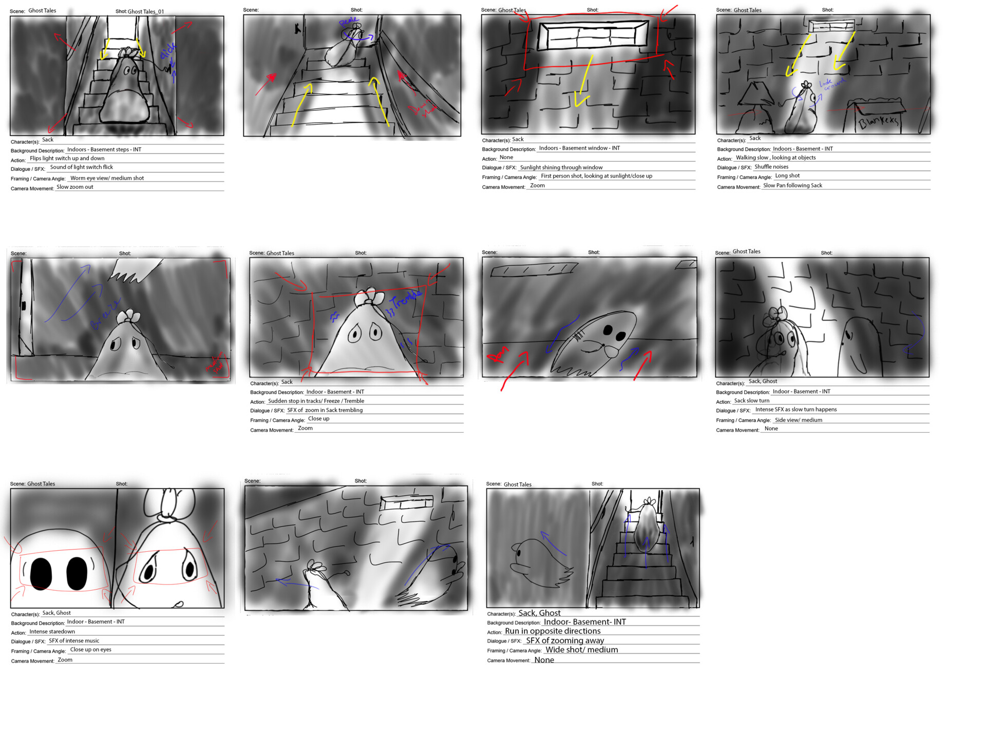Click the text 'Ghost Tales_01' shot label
tap(146, 11)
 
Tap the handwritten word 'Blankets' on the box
tap(879, 122)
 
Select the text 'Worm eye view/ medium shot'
tap(107, 178)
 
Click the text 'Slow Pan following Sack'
tap(792, 185)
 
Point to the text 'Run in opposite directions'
tap(552, 631)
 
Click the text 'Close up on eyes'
tap(90, 650)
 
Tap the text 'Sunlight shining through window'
tap(561, 167)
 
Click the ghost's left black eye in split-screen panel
tap(41, 573)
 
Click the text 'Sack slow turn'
tap(751, 401)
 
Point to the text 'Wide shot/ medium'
tap(581, 650)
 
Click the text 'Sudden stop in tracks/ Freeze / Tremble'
tap(316, 401)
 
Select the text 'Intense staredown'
tap(52, 632)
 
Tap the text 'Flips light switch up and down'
tap(67, 159)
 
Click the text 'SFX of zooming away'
tap(564, 640)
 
